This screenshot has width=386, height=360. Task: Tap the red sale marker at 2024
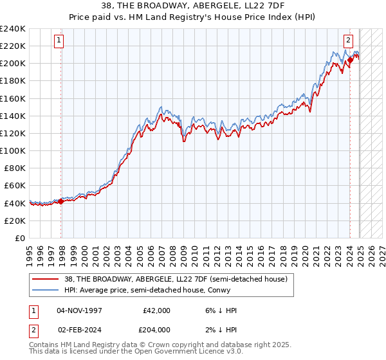click(x=350, y=60)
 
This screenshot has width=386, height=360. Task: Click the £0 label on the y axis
click(x=19, y=238)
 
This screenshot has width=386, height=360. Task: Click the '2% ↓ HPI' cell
click(x=221, y=329)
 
